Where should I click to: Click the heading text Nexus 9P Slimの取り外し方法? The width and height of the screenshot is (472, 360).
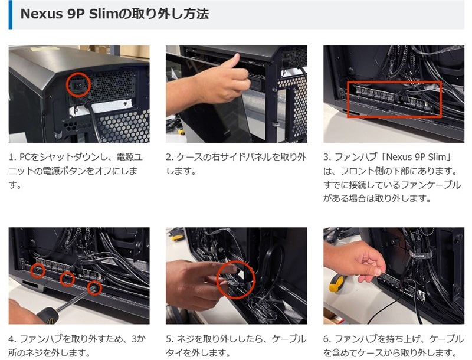(x=114, y=14)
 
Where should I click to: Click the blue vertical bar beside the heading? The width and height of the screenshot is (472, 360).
(x=11, y=14)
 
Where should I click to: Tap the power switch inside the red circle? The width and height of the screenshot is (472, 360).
(x=77, y=86)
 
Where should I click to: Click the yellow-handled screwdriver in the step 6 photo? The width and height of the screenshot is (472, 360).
(x=337, y=283)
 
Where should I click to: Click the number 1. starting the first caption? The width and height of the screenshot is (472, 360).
(x=12, y=157)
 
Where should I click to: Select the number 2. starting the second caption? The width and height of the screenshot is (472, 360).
(x=170, y=157)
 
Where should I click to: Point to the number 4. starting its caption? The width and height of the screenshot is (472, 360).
(x=12, y=339)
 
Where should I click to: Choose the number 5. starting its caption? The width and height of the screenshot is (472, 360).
(x=170, y=339)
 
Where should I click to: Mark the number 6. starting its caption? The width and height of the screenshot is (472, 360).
(x=327, y=339)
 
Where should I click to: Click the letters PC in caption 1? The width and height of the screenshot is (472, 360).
(x=25, y=157)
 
